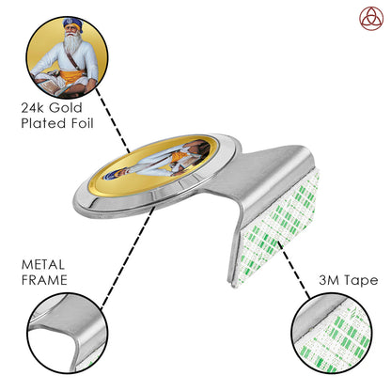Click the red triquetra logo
click(371, 19)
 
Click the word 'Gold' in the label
click(66, 108)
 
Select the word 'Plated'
click(43, 123)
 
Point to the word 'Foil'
click(82, 123)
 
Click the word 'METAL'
click(43, 265)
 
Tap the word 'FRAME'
click(44, 280)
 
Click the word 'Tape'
click(360, 281)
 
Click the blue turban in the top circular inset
click(73, 23)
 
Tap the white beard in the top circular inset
click(72, 44)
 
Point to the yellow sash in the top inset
click(72, 77)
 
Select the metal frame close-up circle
click(68, 333)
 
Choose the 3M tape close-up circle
click(332, 333)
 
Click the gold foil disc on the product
click(149, 166)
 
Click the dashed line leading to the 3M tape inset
click(293, 270)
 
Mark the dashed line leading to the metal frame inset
click(128, 258)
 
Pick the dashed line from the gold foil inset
click(113, 120)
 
